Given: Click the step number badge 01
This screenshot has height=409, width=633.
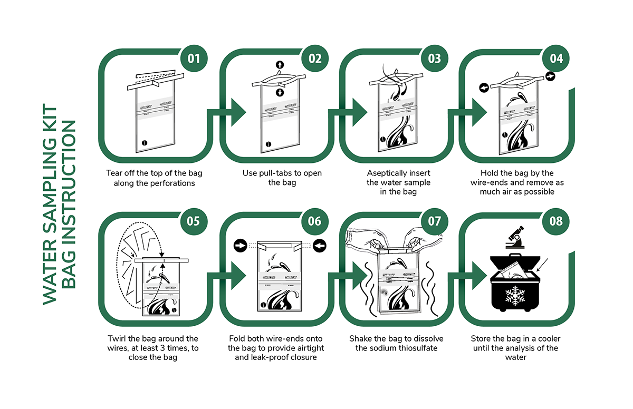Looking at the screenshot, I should click(194, 58).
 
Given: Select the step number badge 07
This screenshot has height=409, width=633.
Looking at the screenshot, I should click(435, 221).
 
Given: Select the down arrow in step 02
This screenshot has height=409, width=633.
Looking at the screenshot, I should click(280, 93).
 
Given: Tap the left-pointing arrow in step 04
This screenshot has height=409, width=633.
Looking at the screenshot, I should click(482, 87).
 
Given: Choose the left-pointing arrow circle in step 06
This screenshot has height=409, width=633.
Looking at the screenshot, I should click(320, 245).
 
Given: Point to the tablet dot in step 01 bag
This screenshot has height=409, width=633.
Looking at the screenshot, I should click(141, 143).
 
